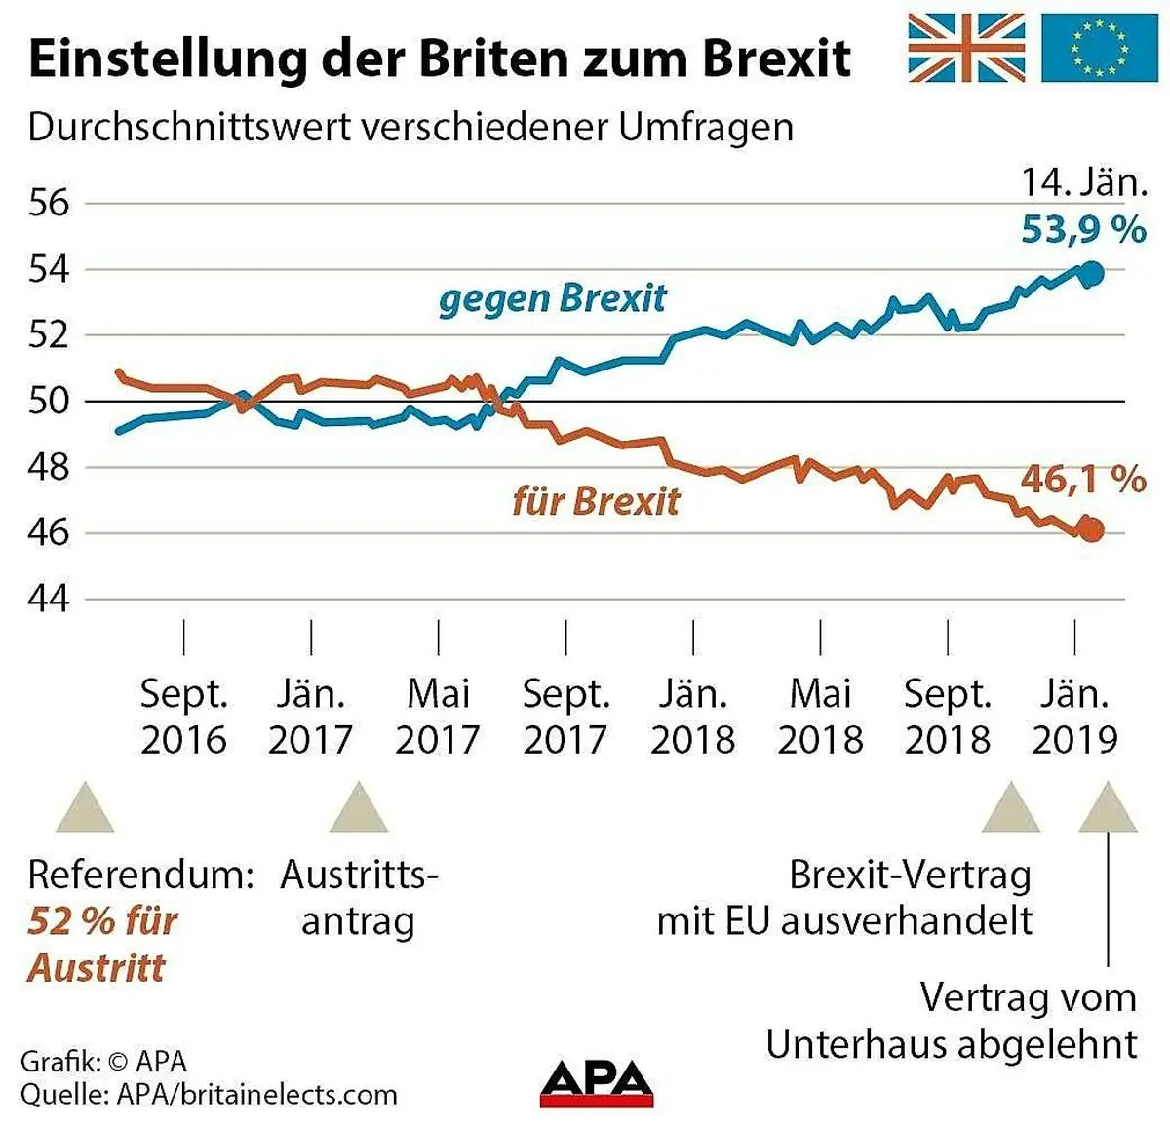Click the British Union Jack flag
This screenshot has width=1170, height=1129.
[x=966, y=47]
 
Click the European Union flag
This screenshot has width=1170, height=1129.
[x=1098, y=47]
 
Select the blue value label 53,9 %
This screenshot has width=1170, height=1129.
[x=1083, y=230]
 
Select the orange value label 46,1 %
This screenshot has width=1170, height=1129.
[x=1083, y=479]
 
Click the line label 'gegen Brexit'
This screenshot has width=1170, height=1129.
[x=552, y=298]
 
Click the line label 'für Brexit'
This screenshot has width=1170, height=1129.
[x=596, y=501]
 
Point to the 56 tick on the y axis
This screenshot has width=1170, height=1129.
[x=49, y=203]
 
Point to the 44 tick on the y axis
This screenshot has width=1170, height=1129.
[x=49, y=599]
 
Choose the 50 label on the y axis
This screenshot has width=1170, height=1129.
[x=49, y=401]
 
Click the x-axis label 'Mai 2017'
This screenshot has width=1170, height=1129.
[x=438, y=717]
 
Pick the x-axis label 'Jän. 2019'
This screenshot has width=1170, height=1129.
[x=1074, y=717]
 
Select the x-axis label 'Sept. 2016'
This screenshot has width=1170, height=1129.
[x=183, y=717]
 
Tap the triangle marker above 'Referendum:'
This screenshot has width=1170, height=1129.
[x=85, y=807]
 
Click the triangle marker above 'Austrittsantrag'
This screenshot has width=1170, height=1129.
[x=359, y=807]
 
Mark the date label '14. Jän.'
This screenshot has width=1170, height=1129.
[x=1083, y=182]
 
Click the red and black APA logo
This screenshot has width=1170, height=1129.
[x=597, y=1082]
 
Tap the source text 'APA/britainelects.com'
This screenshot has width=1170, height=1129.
[x=256, y=1094]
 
